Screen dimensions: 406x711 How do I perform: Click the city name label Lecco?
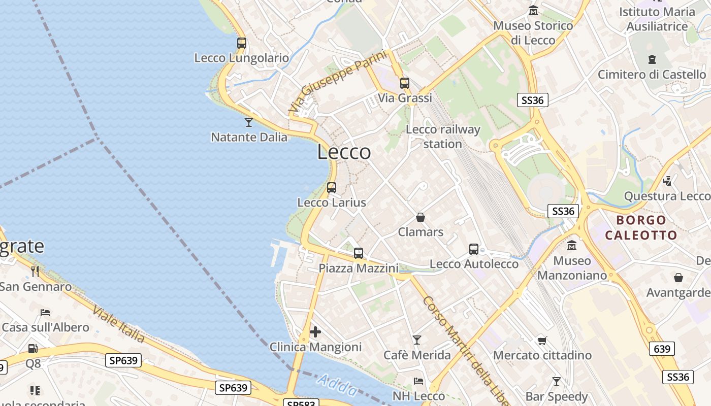pos(344,152)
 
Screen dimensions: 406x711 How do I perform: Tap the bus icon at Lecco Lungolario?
pos(242,43)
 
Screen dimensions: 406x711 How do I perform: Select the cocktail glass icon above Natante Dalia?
pos(249,122)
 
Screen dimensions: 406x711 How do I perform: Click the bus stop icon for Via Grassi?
pos(405,83)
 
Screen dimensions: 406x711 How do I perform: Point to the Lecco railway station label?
pos(443,137)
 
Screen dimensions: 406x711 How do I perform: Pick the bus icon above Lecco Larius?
pos(332,188)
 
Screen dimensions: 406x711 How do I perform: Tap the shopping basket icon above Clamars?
pos(421,217)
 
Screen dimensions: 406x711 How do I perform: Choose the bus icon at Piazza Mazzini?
pos(359,253)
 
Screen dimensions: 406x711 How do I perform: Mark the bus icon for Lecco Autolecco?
pos(474,249)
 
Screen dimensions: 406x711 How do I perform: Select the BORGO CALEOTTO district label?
pos(641,227)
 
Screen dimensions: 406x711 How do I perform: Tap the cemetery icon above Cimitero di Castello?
pos(652,59)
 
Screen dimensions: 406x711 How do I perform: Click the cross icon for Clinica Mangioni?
pos(315,332)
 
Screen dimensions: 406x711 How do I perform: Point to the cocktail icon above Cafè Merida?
pos(417,340)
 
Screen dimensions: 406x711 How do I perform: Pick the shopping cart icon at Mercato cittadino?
pos(542,341)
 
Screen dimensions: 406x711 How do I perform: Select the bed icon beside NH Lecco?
pos(418,381)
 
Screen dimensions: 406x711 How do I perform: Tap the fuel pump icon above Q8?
pos(33,349)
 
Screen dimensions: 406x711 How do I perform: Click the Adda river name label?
pos(337,385)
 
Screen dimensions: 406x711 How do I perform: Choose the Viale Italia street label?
pos(119,323)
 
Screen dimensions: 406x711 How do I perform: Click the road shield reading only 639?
pos(662,349)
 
